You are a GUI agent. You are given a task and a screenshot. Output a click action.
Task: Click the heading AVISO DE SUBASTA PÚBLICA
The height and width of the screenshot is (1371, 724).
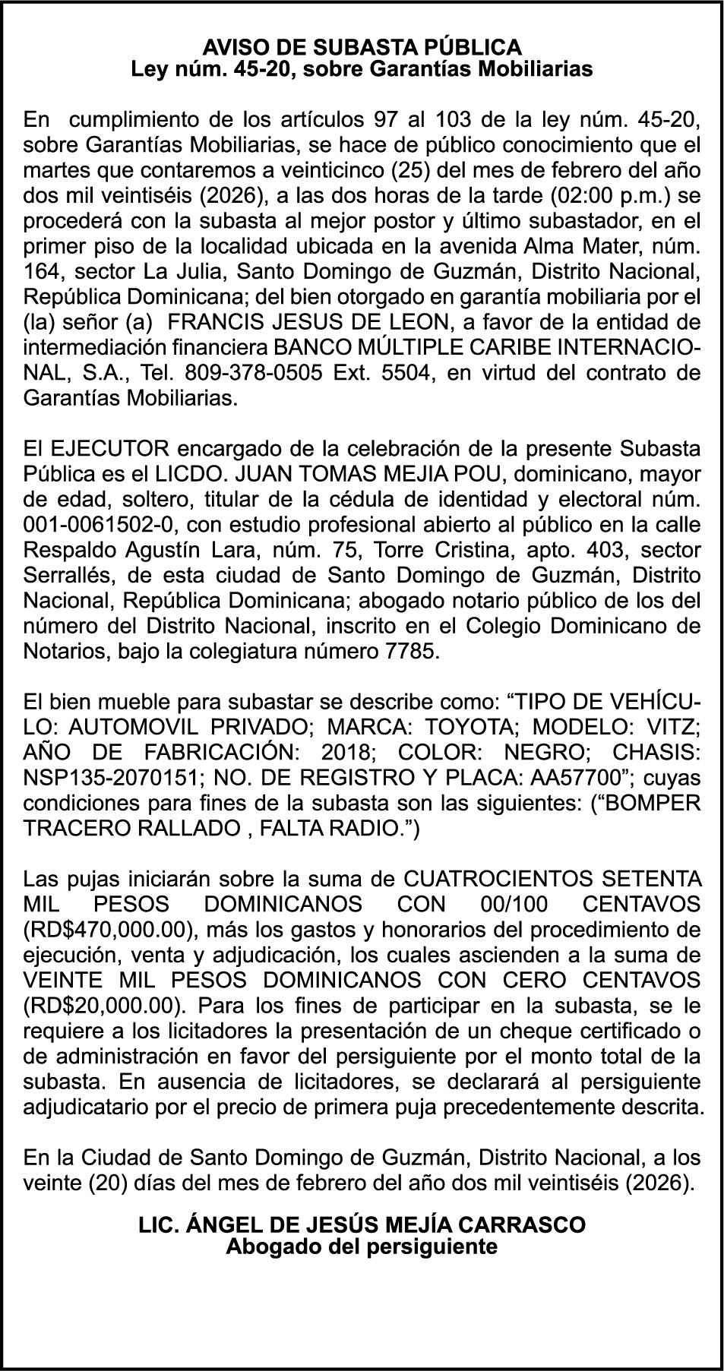coord(362,48)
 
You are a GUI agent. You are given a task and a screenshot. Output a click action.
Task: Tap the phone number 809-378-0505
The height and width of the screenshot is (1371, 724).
coord(244,373)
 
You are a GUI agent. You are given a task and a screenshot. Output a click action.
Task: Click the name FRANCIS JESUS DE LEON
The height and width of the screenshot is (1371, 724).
coord(305,323)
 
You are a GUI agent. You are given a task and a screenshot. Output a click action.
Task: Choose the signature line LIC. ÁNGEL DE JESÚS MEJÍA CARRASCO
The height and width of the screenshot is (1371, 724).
coord(362,1225)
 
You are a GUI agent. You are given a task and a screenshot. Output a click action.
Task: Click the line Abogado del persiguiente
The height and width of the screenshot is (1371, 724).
coord(362,1246)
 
